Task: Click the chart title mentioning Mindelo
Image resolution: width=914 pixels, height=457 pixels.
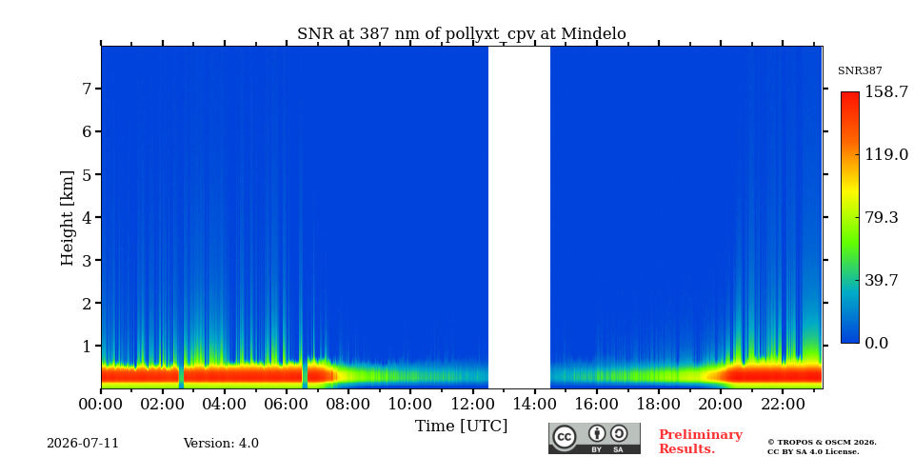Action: click(x=462, y=34)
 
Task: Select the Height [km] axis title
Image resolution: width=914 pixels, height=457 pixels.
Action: click(x=68, y=218)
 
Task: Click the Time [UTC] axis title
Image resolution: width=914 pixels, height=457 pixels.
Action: click(x=461, y=427)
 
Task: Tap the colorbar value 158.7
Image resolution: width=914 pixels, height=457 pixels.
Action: click(x=886, y=91)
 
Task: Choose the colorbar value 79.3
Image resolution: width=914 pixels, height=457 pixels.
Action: click(x=881, y=217)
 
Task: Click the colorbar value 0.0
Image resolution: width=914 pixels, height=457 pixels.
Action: click(x=876, y=343)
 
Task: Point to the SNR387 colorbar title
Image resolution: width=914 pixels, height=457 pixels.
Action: click(x=860, y=71)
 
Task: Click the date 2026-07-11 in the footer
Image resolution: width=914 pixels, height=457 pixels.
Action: click(x=83, y=444)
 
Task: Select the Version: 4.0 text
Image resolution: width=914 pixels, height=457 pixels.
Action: click(x=221, y=444)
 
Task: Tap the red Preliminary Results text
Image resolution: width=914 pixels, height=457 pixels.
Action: click(x=701, y=442)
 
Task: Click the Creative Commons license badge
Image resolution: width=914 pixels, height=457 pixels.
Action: click(x=594, y=438)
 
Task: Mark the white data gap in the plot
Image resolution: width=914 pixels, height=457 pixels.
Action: click(x=519, y=217)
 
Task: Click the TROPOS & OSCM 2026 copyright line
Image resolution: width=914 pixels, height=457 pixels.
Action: click(x=822, y=443)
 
